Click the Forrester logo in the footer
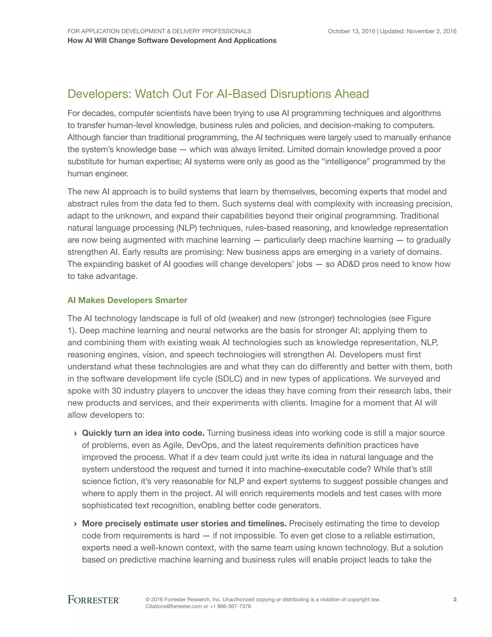pyautogui.click(x=93, y=599)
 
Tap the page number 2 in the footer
pyautogui.click(x=455, y=599)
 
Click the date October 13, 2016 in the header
pyautogui.click(x=351, y=31)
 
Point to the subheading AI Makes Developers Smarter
pyautogui.click(x=127, y=300)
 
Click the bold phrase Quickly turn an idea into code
pyautogui.click(x=143, y=433)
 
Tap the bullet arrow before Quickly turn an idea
pyautogui.click(x=75, y=433)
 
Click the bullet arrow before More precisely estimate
pyautogui.click(x=75, y=524)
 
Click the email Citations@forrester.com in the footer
pyautogui.click(x=174, y=606)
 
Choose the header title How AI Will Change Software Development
pyautogui.click(x=172, y=41)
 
